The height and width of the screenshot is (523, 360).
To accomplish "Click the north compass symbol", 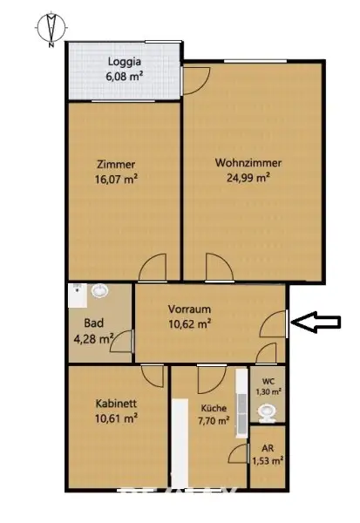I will pos(51,28).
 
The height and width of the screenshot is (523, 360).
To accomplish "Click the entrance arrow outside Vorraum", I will pos(315,323).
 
